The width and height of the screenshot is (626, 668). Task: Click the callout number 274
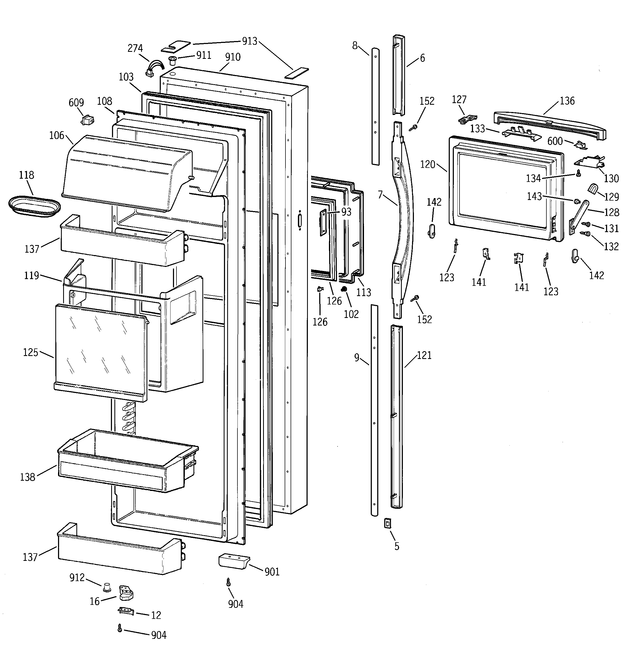pos(135,48)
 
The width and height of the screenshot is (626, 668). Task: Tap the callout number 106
pos(56,135)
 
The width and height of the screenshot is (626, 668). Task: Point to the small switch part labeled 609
pos(87,120)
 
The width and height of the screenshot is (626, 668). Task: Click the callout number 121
pos(424,355)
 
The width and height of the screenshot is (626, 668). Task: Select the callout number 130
pos(611,178)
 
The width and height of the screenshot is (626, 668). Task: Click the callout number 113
pos(363,292)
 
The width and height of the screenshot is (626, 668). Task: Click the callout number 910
pos(233,57)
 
